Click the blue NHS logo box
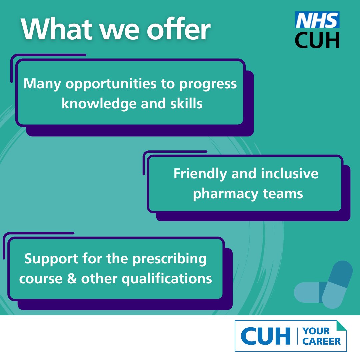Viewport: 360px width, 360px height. pyautogui.click(x=317, y=20)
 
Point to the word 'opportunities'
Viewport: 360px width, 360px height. pyautogui.click(x=111, y=84)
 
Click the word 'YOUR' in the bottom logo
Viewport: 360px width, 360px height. pyautogui.click(x=316, y=331)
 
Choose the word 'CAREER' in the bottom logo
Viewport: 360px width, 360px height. pyautogui.click(x=322, y=341)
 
